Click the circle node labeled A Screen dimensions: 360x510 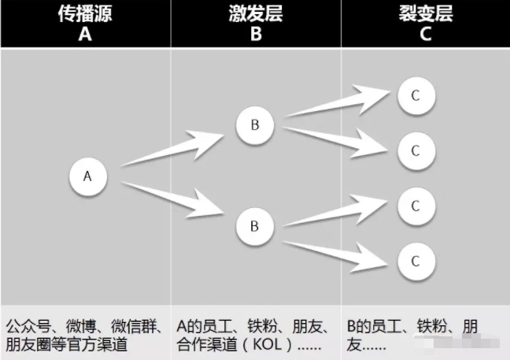88,177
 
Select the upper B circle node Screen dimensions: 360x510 254,125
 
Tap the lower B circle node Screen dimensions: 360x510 254,226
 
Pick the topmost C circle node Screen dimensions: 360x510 415,96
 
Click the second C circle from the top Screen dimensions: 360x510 415,151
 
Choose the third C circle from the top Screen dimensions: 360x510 415,206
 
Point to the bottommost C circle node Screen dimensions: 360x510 415,259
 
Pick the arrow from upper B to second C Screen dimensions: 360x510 338,137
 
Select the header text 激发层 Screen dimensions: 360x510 256,13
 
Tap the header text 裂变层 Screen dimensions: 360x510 425,13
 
